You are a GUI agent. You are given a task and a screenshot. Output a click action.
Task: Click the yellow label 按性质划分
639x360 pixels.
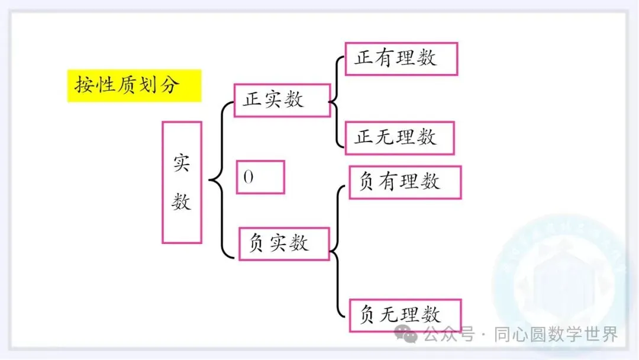point(134,86)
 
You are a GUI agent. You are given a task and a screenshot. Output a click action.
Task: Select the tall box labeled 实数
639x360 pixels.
point(182,182)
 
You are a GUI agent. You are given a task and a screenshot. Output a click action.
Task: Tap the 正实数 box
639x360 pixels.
point(282,100)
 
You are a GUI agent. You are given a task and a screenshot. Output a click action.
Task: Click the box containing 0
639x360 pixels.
point(260,177)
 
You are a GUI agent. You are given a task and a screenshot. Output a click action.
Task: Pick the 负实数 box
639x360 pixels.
point(283,243)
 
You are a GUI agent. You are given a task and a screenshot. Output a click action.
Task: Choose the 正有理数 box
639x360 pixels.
point(401,59)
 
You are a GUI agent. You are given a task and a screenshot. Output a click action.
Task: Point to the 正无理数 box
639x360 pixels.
point(399,138)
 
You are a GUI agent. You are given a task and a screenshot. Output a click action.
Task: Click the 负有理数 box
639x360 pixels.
point(405,182)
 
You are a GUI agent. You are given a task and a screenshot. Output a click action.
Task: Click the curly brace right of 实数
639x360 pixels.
point(217,180)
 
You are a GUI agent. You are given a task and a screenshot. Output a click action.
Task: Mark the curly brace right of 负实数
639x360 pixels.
point(336,251)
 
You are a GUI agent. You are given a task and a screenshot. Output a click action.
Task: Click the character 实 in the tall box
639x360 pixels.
point(182,163)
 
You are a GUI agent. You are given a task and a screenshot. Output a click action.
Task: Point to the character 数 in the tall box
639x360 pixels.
point(182,202)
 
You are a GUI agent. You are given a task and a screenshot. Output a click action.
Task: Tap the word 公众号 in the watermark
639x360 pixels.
point(449,335)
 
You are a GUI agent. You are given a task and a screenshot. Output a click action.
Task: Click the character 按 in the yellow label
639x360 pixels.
point(83,86)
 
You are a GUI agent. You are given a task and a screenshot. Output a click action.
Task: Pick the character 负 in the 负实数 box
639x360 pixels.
point(256,243)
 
